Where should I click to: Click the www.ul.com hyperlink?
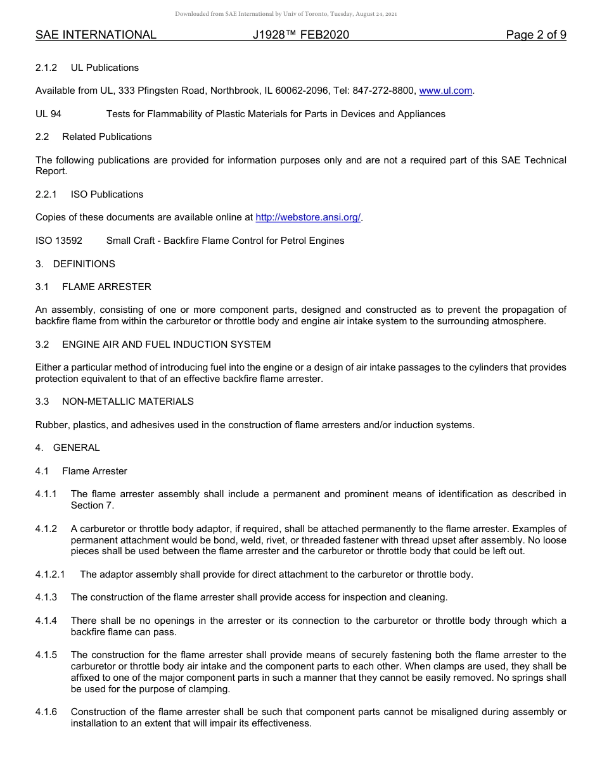445,91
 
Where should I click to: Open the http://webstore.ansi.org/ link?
308,217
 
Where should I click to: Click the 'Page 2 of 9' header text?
535,35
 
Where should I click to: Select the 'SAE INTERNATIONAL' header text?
96,35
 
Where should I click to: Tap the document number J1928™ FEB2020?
300,35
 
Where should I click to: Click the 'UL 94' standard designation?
48,114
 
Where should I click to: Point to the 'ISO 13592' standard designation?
59,241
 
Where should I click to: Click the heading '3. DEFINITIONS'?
75,263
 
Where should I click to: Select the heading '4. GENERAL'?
68,448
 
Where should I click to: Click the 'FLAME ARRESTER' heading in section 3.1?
106,287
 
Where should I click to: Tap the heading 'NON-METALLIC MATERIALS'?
128,402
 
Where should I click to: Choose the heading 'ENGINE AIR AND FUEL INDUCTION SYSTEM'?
166,345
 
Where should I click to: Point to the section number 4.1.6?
46,712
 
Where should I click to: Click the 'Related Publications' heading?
106,137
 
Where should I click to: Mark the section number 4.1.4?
46,621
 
